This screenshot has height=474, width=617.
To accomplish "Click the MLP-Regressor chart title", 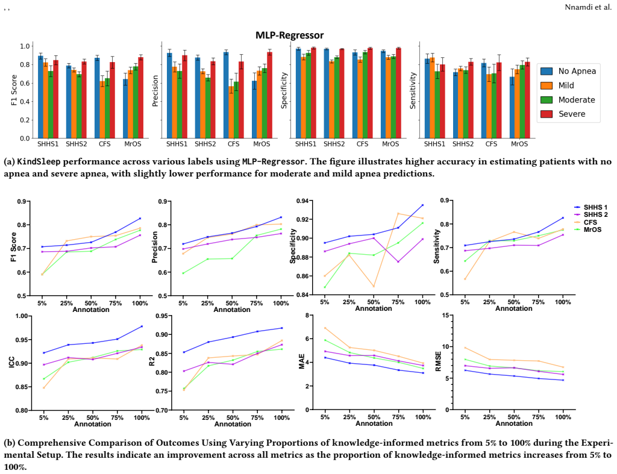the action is point(290,36).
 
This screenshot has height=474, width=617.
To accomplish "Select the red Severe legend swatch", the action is point(547,114).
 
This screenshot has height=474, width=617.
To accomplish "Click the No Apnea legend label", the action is point(577,71).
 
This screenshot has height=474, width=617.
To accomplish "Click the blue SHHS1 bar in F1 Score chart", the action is point(40,97).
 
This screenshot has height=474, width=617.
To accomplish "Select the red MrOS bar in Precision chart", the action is point(269,95).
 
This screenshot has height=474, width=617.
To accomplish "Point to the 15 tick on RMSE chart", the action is point(446,315).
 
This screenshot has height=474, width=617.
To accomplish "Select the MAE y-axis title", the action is point(302,362).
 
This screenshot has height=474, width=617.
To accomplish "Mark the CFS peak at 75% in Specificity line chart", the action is point(398,213).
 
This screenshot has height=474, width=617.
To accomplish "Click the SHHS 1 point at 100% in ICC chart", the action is point(142,326).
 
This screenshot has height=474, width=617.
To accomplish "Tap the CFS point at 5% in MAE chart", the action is point(325,328).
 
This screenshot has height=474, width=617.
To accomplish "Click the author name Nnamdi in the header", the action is point(578,7).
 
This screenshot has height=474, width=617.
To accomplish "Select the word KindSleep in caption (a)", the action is point(39,161).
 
